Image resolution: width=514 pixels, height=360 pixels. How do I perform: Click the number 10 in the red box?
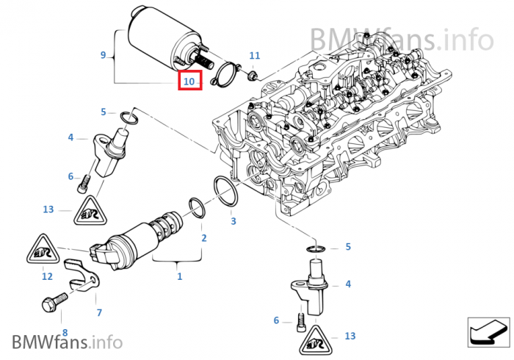[x=189, y=81]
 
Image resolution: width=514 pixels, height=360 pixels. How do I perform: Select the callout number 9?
[x=104, y=54]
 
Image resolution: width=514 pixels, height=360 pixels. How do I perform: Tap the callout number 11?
[x=254, y=56]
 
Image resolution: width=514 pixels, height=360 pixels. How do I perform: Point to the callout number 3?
[x=233, y=220]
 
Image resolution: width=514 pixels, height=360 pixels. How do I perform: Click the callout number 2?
[x=203, y=238]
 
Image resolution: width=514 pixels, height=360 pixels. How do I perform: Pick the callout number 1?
[x=179, y=276]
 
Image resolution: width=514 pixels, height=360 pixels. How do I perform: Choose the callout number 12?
[x=47, y=276]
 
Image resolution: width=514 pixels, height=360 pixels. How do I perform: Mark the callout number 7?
[x=99, y=312]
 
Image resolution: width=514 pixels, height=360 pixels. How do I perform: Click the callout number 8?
[x=63, y=332]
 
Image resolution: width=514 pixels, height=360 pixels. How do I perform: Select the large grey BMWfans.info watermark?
[x=401, y=37]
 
